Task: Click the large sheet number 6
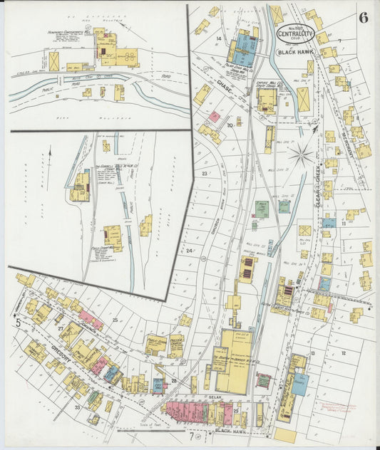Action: tap(364, 18)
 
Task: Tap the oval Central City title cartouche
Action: tap(293, 33)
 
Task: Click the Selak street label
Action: tap(213, 396)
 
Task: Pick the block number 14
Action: tap(219, 38)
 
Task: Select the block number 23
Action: tap(205, 173)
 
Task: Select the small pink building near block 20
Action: tap(214, 116)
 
